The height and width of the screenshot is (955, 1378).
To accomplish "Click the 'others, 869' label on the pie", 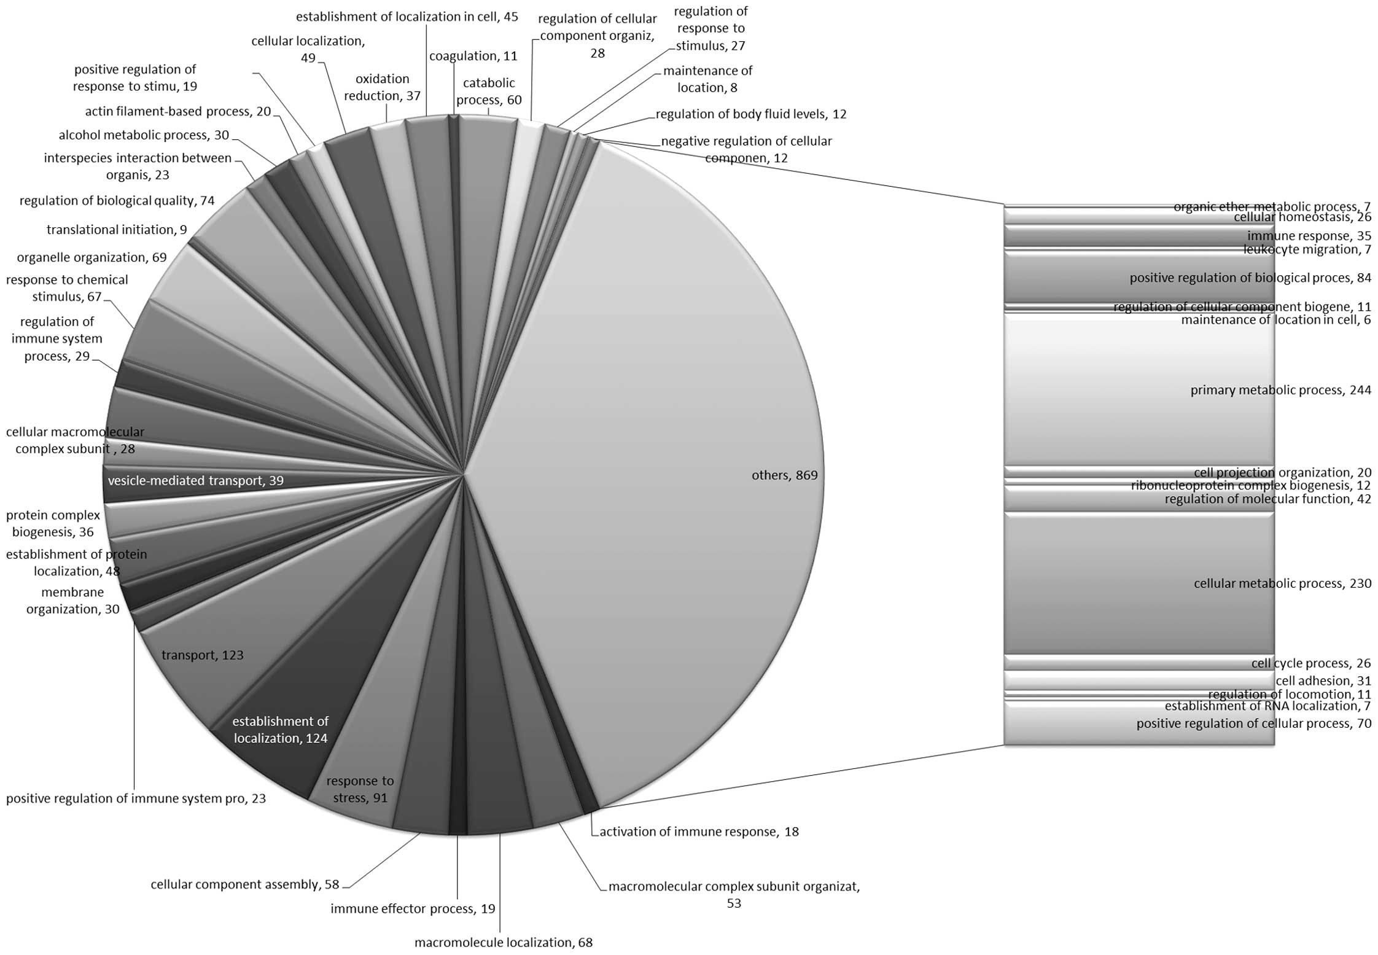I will point(784,475).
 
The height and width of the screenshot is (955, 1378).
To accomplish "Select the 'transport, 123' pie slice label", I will point(202,655).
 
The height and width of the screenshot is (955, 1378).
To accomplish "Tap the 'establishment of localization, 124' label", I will point(281,730).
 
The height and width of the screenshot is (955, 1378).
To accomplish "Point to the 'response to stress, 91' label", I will point(360,789).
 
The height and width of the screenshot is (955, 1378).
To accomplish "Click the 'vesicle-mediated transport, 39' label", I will point(195,481).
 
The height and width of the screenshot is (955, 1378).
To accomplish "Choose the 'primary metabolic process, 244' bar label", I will point(1280,391).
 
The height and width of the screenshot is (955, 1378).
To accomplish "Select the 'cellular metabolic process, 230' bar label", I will point(1282,583).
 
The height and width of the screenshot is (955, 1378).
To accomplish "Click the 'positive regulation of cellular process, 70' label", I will point(1253,723).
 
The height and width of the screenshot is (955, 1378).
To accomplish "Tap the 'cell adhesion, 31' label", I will point(1323,680).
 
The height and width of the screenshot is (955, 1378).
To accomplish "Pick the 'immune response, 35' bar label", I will point(1309,236).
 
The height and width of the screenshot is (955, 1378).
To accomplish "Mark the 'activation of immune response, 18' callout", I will point(699,832).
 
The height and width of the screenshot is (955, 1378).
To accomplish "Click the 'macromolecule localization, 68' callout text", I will point(504,942).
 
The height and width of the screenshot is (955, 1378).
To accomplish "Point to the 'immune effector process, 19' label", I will point(413,908).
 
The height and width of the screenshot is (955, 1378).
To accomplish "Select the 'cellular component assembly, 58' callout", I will point(245,884).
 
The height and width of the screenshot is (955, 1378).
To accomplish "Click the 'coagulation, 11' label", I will point(473,56).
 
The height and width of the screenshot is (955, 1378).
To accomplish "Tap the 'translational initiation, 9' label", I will point(117,230).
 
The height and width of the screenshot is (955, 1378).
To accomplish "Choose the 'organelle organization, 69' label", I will point(91,257).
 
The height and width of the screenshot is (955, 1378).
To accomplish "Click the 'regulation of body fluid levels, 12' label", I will point(751,114).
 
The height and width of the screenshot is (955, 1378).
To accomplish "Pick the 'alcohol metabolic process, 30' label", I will point(144,135).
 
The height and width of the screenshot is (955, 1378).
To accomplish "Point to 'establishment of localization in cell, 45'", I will point(407,17).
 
